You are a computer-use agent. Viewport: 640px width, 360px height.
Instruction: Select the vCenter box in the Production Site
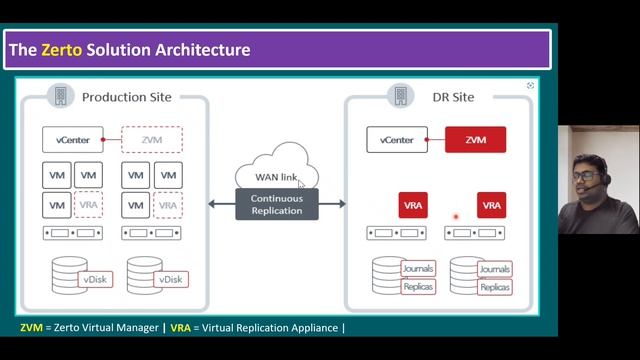[x=73, y=139]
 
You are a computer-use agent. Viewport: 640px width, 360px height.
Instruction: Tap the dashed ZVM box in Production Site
[x=151, y=139]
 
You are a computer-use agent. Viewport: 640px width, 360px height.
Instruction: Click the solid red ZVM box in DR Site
[x=475, y=140]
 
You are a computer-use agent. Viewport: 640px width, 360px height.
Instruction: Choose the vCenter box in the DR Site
[x=397, y=140]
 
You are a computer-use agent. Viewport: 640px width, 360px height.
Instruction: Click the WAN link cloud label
[x=275, y=178]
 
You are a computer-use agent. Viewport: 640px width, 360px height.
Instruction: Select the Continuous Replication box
[x=276, y=204]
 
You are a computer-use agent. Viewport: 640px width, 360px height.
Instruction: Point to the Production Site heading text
[x=127, y=97]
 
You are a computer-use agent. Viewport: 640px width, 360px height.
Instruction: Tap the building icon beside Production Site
[x=60, y=96]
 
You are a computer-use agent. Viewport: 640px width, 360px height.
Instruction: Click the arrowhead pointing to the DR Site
[x=341, y=204]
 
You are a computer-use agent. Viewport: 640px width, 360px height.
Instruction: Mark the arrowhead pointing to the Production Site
[x=212, y=204]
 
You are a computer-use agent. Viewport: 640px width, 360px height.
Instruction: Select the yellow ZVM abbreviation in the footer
[x=32, y=327]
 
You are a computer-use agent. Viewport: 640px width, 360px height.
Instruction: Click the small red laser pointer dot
[x=456, y=216]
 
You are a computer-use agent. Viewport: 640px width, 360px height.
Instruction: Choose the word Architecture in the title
[x=197, y=49]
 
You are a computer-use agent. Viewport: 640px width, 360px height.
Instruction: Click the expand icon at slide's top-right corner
[x=530, y=86]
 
